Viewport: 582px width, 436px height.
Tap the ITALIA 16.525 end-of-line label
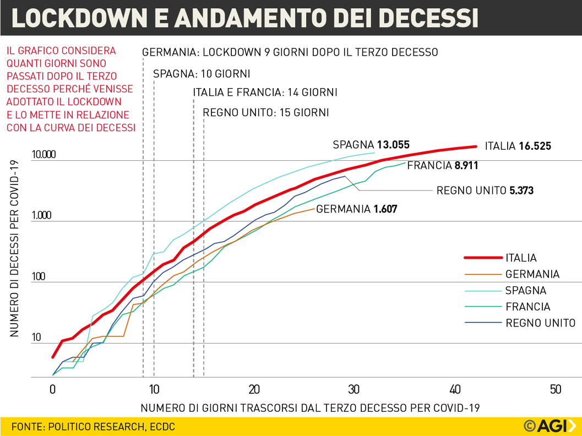[518, 146]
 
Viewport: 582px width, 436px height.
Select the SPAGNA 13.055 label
[371, 145]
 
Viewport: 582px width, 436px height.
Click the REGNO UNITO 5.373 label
[485, 191]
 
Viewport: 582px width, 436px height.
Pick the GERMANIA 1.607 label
[356, 209]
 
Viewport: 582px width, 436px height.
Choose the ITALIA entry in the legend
[521, 258]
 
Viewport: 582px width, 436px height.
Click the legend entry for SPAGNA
[526, 291]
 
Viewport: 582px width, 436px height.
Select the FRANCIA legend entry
[527, 307]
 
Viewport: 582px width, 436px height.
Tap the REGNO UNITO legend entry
[540, 323]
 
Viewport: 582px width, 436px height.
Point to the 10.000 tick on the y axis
[44, 155]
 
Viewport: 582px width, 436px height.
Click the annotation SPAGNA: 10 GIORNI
[202, 74]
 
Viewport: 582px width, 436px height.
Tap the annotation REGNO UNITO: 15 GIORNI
[266, 113]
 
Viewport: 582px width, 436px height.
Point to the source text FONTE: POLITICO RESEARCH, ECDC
[93, 427]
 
